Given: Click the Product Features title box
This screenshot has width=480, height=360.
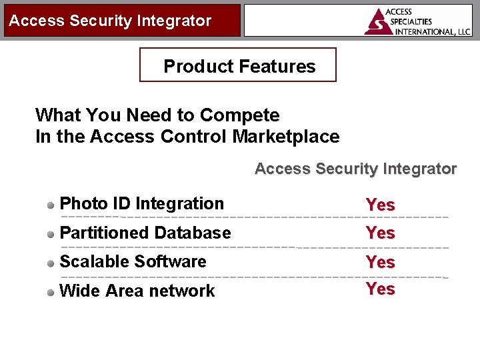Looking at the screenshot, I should click(x=238, y=65).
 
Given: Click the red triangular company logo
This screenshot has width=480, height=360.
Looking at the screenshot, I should click(x=379, y=22).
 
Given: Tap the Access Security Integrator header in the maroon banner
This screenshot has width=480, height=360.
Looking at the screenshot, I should click(x=110, y=21).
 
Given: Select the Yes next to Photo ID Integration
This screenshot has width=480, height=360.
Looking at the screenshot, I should click(x=380, y=205).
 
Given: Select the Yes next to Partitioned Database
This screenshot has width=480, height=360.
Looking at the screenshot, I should click(x=380, y=233).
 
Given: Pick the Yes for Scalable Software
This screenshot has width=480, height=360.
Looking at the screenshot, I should click(x=380, y=263).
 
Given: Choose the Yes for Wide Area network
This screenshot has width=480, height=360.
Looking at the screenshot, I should click(x=380, y=289).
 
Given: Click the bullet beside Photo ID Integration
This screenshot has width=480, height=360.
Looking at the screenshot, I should click(x=51, y=205).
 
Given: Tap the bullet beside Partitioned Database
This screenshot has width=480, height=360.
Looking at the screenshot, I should click(x=51, y=234).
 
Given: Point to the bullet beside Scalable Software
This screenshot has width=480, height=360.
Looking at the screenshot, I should click(x=51, y=263).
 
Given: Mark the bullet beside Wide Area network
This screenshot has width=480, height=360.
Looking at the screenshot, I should click(x=51, y=291).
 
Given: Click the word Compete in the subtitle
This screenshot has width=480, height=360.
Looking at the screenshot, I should click(x=239, y=115).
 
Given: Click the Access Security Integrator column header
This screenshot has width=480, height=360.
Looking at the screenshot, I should click(x=355, y=169).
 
